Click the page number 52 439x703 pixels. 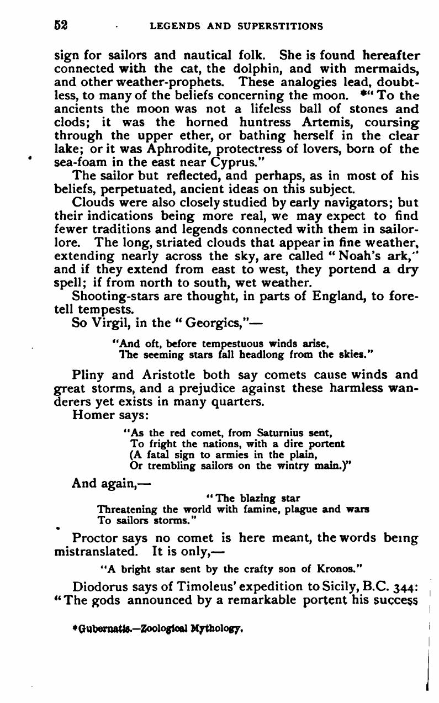[x=60, y=25]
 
